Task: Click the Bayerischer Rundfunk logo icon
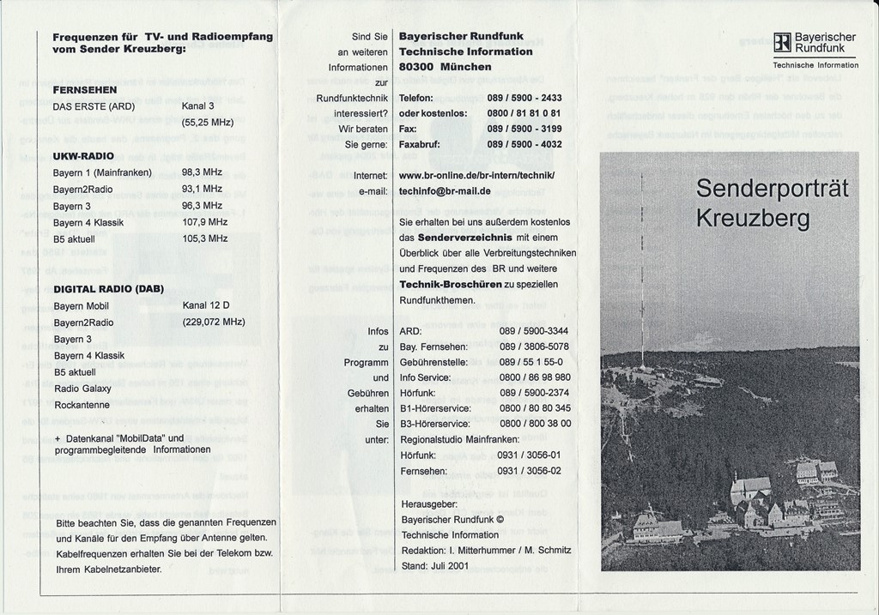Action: pos(781,43)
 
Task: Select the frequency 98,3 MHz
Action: pos(202,172)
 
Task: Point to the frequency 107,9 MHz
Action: pos(204,222)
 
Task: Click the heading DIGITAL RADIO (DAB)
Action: pos(108,289)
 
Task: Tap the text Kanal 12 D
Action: pos(206,305)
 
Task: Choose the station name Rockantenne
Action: pos(82,405)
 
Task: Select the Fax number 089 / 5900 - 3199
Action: pos(524,129)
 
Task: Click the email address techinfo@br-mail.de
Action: pos(445,191)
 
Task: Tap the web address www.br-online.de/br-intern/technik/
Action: pos(476,176)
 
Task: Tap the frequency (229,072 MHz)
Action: pos(214,323)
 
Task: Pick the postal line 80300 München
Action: pos(446,67)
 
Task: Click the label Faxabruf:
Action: pos(420,144)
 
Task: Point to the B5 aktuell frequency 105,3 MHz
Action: pos(204,238)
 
